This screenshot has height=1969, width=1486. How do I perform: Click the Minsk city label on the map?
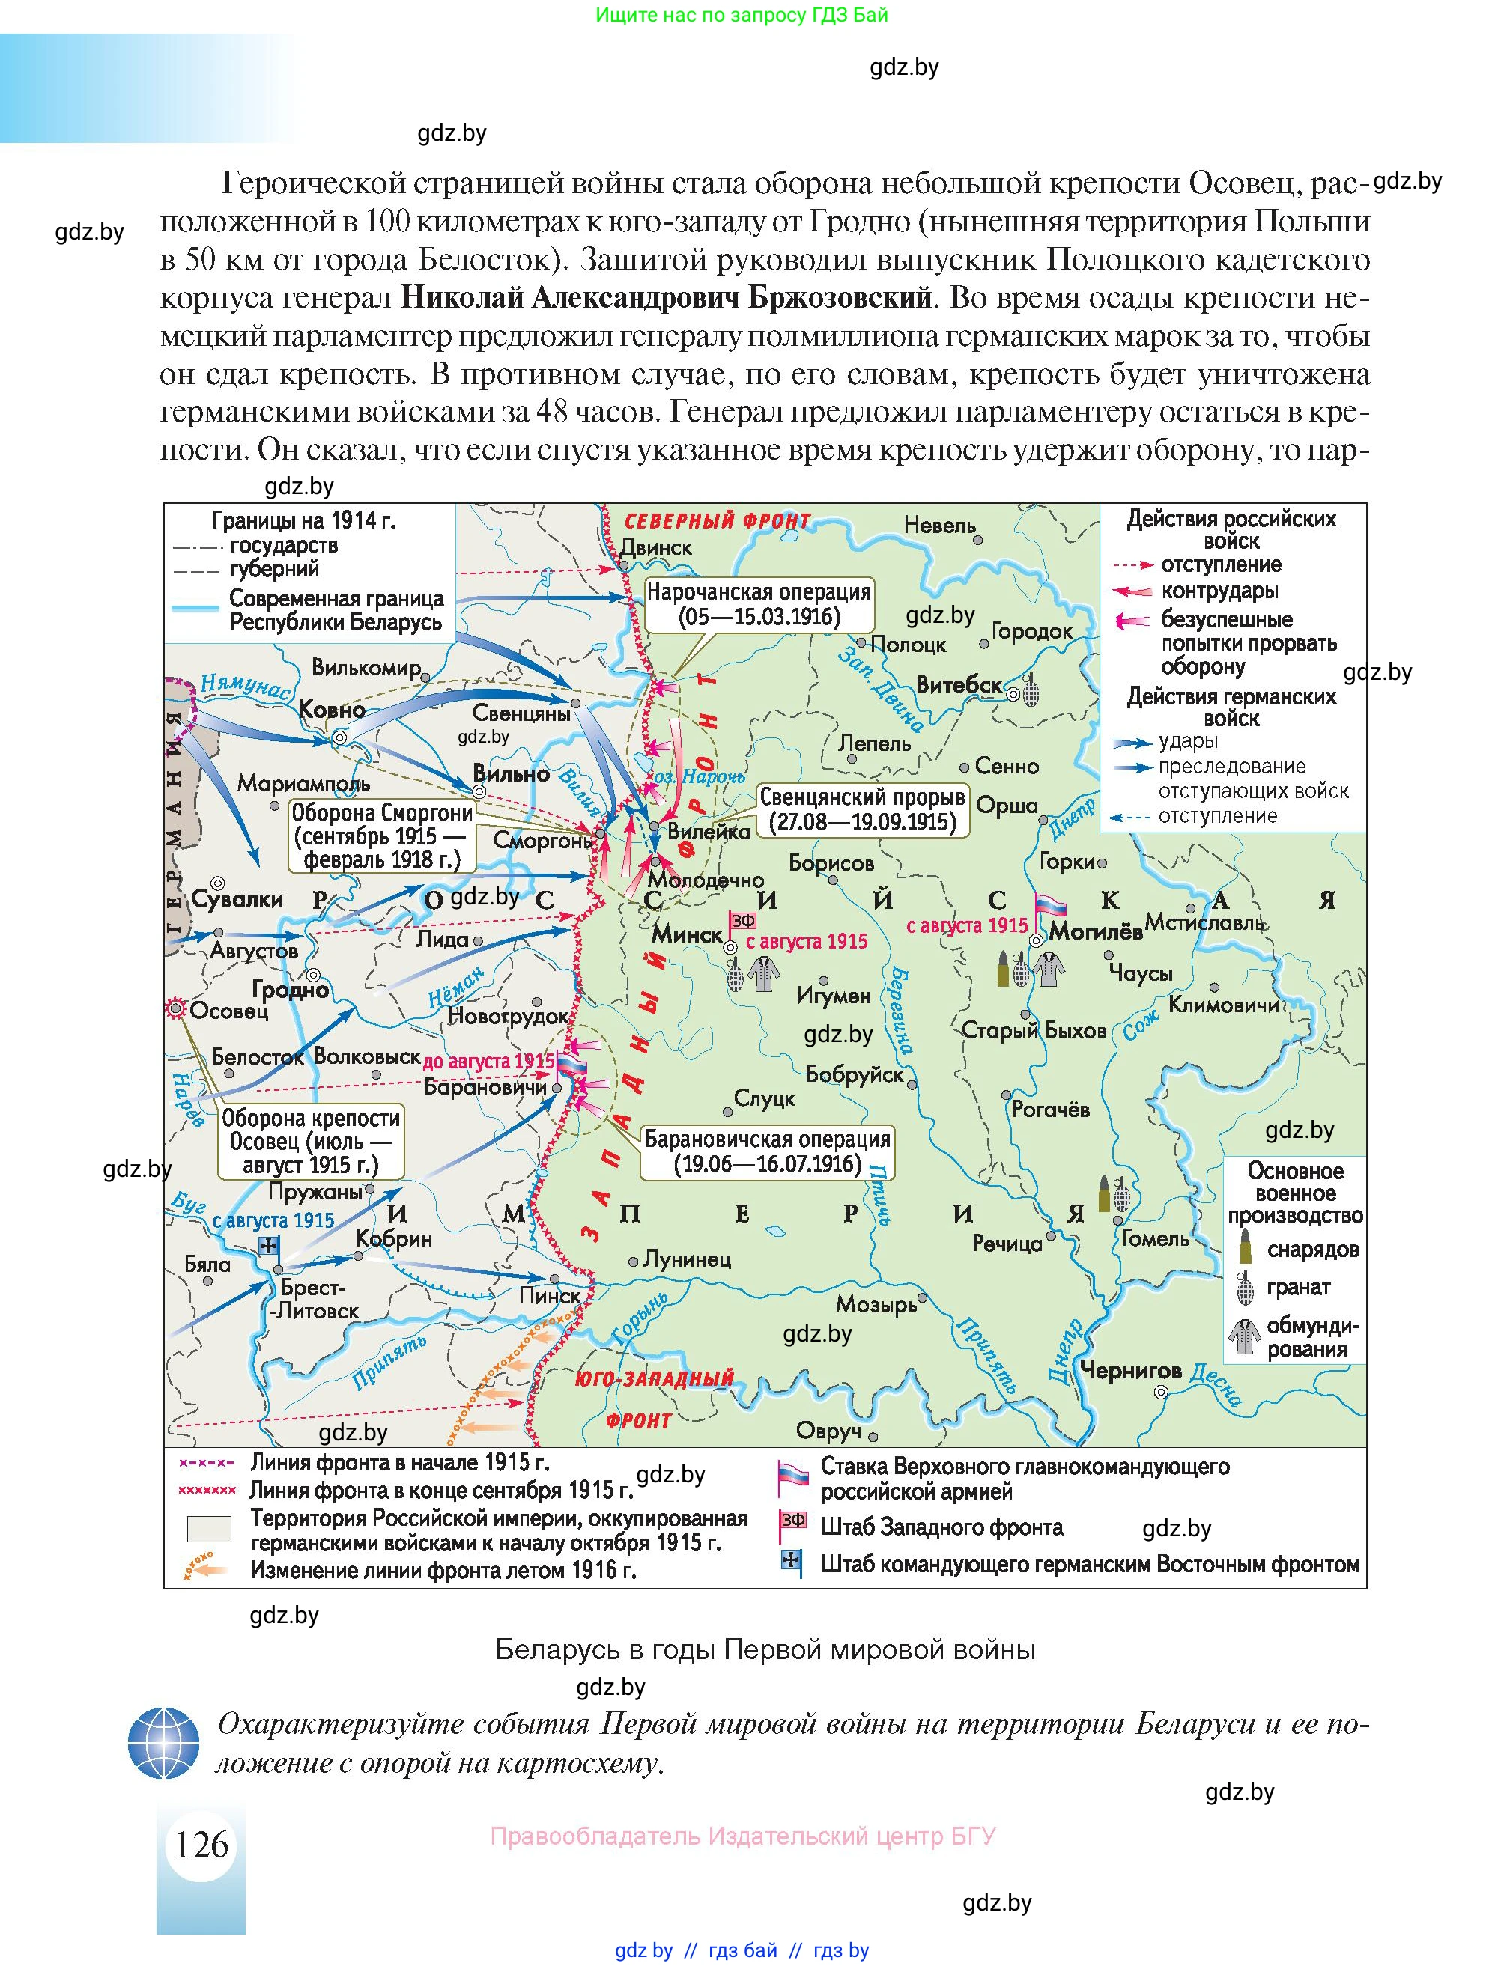687,934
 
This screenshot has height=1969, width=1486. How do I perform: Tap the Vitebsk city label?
959,684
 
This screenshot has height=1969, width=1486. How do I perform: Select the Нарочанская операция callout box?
759,604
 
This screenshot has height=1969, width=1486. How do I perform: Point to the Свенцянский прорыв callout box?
861,809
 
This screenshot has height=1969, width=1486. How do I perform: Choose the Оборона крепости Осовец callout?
310,1141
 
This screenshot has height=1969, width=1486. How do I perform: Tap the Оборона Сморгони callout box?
382,836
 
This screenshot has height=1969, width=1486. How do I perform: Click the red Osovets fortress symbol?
175,1008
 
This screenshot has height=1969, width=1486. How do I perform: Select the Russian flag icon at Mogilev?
1048,907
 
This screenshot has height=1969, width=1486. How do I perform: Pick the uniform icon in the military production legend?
1245,1337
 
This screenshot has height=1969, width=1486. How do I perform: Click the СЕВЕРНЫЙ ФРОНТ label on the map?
718,521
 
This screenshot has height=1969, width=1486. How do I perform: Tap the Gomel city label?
1155,1238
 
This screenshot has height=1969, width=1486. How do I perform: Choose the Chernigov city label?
1130,1370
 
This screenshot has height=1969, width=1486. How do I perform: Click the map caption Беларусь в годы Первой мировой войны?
765,1649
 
